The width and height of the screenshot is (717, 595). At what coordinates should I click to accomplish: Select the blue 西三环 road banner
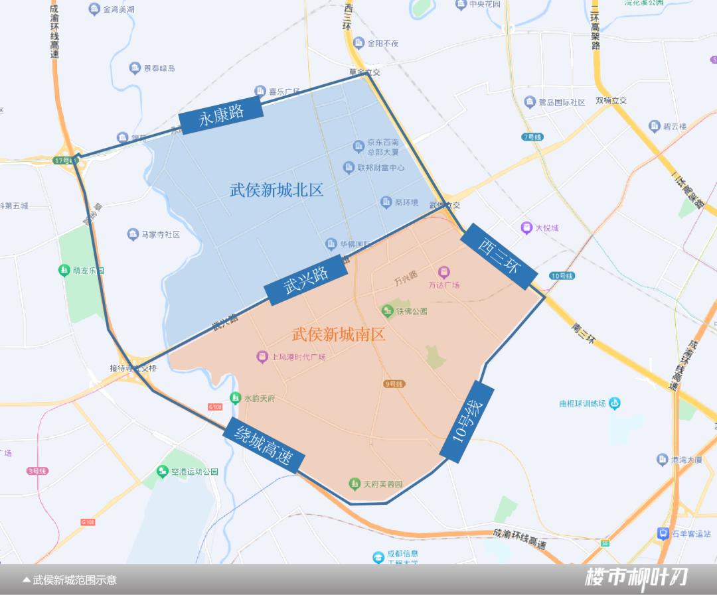499,255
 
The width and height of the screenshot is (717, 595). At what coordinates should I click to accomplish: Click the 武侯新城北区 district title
277,190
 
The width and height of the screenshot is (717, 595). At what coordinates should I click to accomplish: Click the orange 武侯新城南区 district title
339,334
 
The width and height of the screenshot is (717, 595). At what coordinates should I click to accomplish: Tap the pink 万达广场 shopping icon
443,272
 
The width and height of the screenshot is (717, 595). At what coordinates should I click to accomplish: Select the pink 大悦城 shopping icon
526,228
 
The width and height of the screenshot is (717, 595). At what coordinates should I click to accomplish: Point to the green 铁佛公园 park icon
388,310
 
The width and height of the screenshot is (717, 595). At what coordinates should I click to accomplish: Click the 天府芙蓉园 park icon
355,484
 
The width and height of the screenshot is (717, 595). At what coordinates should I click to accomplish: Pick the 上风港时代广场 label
298,357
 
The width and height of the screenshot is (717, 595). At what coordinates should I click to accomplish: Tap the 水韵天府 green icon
235,398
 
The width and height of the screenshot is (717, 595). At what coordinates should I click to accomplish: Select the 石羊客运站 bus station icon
662,533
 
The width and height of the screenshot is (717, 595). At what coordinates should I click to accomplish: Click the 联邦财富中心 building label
380,168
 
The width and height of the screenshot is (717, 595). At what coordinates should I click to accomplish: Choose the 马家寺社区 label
161,234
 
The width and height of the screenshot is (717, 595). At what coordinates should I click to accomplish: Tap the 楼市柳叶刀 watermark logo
635,578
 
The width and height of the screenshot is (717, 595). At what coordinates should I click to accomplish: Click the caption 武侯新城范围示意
74,580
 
